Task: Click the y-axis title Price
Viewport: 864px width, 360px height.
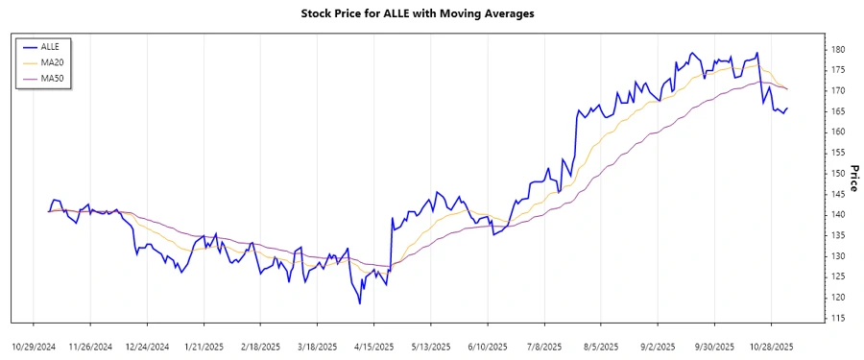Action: click(852, 177)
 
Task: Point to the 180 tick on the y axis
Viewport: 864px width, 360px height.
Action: click(837, 49)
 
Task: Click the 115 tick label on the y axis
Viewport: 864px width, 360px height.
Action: click(837, 318)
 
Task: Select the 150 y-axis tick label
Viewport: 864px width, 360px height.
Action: click(837, 173)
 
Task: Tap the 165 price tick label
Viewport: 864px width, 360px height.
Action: click(837, 111)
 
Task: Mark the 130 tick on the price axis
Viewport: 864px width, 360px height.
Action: click(837, 255)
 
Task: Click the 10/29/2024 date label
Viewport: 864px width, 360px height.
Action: click(34, 346)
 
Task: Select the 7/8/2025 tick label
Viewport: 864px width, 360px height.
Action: click(544, 346)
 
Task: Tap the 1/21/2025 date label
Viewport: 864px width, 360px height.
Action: click(204, 346)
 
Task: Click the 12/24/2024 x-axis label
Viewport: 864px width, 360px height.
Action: click(147, 346)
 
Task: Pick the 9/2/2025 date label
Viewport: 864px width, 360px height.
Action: click(658, 346)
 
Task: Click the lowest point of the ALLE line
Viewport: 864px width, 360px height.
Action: click(360, 304)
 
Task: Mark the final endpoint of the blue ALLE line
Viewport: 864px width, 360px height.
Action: click(787, 108)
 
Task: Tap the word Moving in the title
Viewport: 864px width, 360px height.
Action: click(459, 13)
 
